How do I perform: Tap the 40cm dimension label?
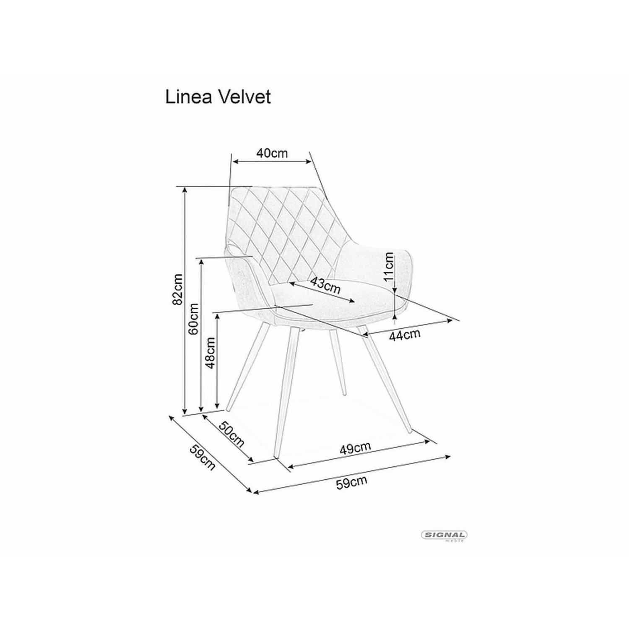273,153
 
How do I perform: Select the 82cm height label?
178,289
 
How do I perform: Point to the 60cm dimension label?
194,319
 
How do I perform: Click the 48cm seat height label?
211,352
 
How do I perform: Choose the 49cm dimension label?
355,448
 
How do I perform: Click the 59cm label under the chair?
351,483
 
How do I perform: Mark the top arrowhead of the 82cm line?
185,190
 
